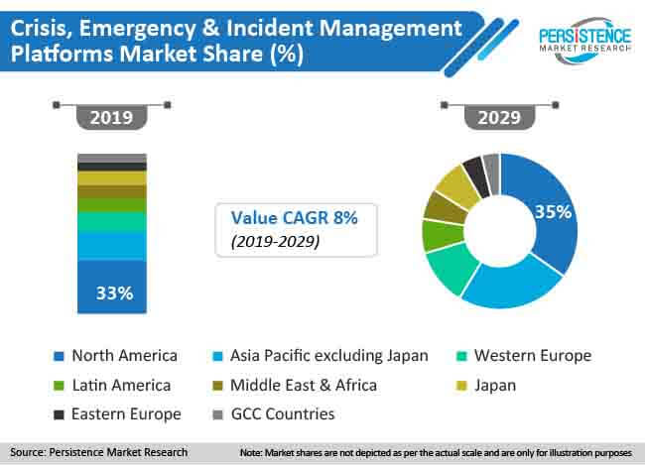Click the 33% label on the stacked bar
111,293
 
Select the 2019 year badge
111,116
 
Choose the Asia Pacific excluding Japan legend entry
327,355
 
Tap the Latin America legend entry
122,385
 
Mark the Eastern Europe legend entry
124,413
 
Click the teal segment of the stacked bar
111,221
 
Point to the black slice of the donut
474,174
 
